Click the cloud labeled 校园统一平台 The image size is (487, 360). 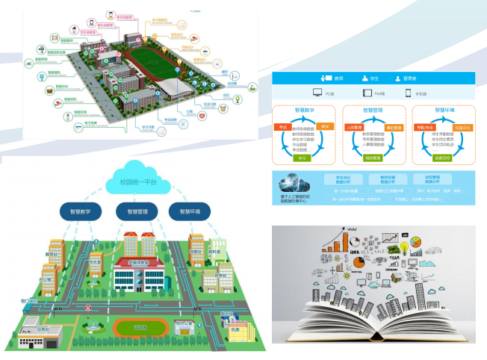tap(139, 180)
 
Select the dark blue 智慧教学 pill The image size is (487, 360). tap(80, 211)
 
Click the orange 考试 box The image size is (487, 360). tap(282, 128)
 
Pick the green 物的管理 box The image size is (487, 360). tap(372, 158)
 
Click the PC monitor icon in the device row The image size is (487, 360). tap(317, 93)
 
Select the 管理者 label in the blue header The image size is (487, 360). tap(413, 78)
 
